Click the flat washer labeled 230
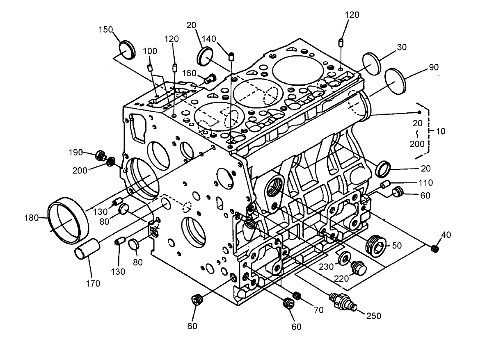(x=344, y=257)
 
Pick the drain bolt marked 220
(x=359, y=267)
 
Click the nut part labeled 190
(x=100, y=155)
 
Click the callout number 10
(x=441, y=131)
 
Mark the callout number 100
(x=150, y=51)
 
